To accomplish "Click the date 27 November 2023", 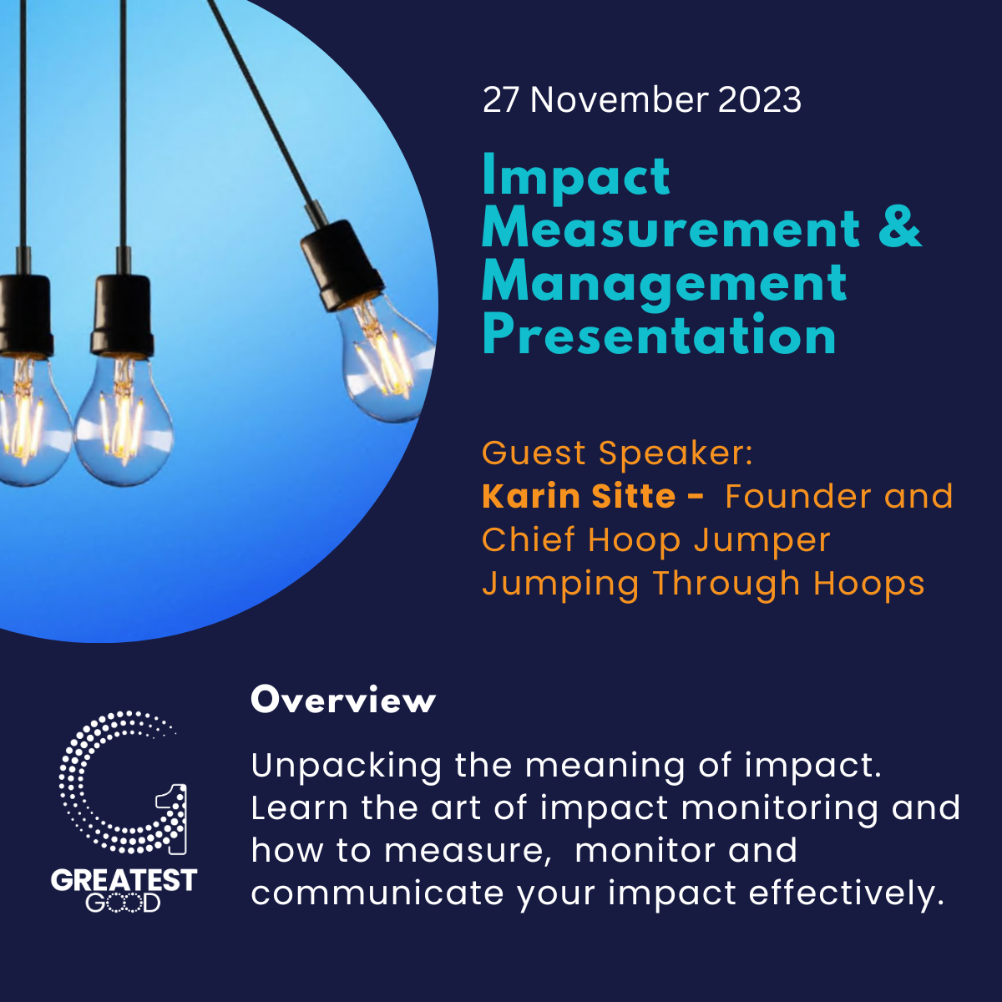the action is (x=641, y=99).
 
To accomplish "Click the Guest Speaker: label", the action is (x=617, y=453).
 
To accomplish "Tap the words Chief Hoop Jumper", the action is (x=656, y=541).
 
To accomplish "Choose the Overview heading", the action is (x=343, y=700).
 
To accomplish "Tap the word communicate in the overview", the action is (x=377, y=893).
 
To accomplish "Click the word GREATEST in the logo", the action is (x=124, y=881).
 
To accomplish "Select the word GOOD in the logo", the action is (x=124, y=903).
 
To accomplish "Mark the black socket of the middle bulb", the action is (x=123, y=315).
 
